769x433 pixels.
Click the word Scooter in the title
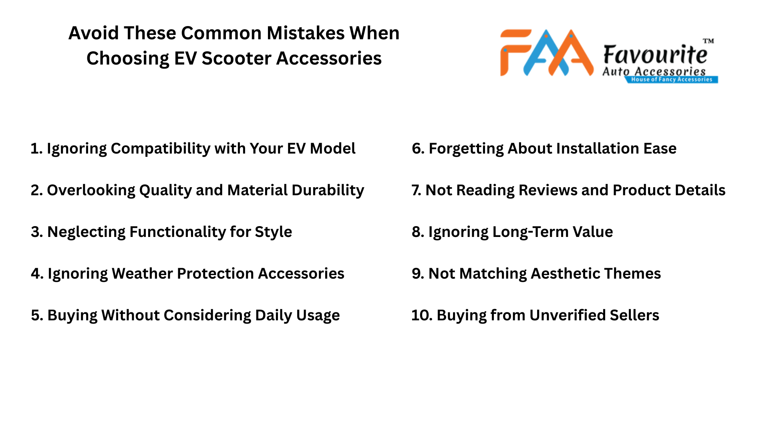236,59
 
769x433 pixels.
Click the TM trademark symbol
708,41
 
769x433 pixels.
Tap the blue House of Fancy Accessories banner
672,79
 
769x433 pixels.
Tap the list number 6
417,149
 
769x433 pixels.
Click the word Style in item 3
273,232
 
